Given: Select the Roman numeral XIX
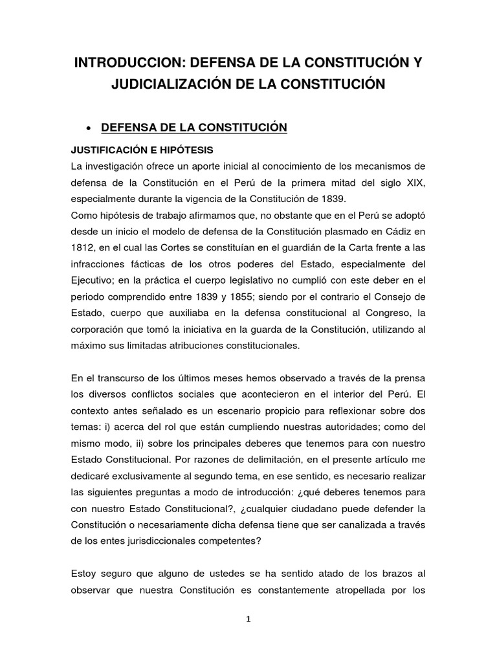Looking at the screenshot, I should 413,183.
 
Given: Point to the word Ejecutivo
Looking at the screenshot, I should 93,280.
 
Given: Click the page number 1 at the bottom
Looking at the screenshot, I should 248,618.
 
